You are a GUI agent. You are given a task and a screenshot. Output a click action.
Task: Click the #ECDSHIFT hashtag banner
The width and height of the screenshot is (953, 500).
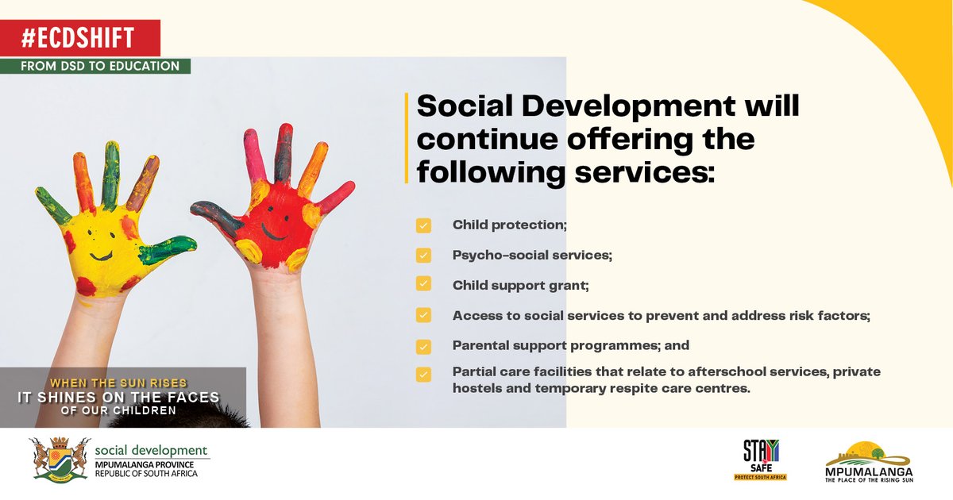[x=80, y=37]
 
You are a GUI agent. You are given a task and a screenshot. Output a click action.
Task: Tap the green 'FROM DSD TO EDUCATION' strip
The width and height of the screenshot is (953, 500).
[x=100, y=66]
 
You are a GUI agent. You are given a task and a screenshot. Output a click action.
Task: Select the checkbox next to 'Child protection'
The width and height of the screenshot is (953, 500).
[x=423, y=226]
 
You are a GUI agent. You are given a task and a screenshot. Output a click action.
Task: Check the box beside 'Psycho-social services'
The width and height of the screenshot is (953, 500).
[x=423, y=256]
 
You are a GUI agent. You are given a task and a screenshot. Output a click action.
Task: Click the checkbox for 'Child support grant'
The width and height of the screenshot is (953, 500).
[x=423, y=284]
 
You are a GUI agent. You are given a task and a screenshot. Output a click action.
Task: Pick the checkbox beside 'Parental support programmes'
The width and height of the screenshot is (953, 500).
[x=423, y=347]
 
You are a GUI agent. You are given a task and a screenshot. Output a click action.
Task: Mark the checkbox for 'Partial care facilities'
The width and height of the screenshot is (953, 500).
[x=423, y=374]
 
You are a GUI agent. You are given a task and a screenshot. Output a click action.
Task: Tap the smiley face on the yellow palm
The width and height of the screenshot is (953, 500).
[x=99, y=243]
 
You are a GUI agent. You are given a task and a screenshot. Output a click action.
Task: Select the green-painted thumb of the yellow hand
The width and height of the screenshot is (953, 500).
[x=168, y=249]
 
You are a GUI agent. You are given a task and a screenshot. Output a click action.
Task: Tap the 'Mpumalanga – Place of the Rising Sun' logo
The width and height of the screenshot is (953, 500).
[x=868, y=461]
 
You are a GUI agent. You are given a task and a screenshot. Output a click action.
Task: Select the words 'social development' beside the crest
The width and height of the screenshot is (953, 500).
[x=151, y=451]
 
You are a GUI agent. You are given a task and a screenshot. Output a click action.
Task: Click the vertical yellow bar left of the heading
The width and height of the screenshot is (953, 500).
[x=407, y=137]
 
